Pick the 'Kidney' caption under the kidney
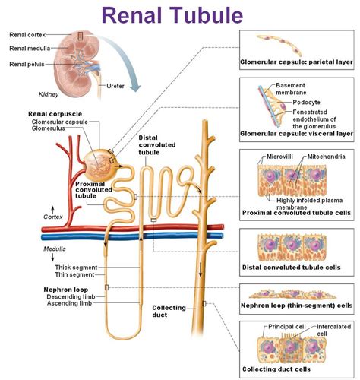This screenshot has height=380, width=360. [x=49, y=95]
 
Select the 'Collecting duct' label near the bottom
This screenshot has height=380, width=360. [x=169, y=312]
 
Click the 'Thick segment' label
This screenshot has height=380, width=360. [x=77, y=267]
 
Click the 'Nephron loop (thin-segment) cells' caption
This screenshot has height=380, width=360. [x=297, y=306]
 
